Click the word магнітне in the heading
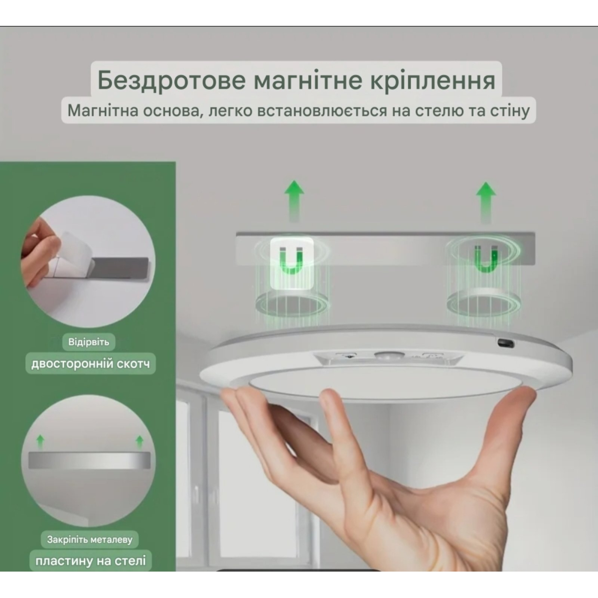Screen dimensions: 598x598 pyautogui.click(x=308, y=81)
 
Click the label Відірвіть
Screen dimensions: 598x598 pyautogui.click(x=89, y=342)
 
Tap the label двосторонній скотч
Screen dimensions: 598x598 pyautogui.click(x=91, y=363)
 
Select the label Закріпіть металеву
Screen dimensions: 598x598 pyautogui.click(x=90, y=539)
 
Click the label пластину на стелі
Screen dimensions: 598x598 pyautogui.click(x=91, y=561)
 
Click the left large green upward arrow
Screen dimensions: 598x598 pyautogui.click(x=294, y=201)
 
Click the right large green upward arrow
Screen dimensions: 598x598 pyautogui.click(x=486, y=202)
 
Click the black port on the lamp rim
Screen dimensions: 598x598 pyautogui.click(x=506, y=343)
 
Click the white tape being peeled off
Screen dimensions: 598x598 pyautogui.click(x=74, y=248)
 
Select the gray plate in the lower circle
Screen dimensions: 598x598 pyautogui.click(x=89, y=460)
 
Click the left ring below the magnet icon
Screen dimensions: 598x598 pyautogui.click(x=292, y=302)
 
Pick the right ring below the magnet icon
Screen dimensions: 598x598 pyautogui.click(x=484, y=300)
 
